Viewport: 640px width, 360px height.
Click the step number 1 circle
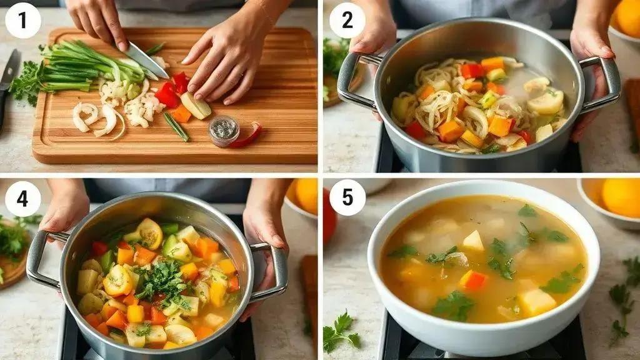click(23, 21)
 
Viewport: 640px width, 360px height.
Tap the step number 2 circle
click(347, 21)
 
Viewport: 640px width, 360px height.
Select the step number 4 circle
click(23, 199)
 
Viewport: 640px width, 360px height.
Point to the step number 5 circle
click(347, 198)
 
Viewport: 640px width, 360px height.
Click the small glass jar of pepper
click(223, 131)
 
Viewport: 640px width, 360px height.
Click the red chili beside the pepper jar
click(247, 136)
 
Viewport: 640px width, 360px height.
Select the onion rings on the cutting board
click(98, 118)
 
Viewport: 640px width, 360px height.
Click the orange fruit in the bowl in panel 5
click(621, 197)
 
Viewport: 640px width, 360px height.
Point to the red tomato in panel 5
click(329, 216)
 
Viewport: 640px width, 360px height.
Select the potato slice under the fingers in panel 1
click(196, 106)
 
